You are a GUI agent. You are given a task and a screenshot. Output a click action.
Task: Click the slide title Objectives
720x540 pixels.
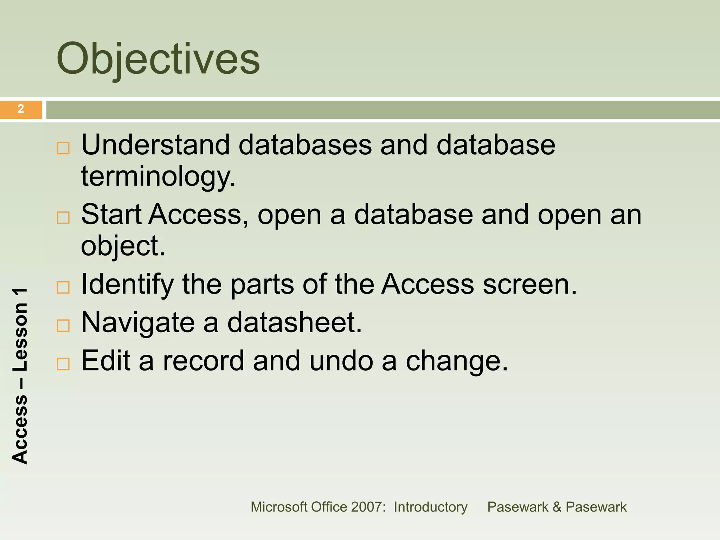158,59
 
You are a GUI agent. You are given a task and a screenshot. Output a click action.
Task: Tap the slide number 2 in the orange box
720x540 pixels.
21,109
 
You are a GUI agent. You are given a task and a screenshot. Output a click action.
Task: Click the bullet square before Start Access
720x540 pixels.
63,218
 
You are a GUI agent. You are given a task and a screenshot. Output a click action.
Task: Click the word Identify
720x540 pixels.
127,284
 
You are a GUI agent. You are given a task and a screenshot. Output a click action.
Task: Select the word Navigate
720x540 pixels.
138,322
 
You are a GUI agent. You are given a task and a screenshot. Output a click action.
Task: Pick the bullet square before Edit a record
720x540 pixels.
63,364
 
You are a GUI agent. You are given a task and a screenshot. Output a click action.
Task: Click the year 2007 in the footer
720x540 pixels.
368,507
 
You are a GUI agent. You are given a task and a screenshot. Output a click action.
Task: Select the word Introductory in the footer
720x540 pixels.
430,507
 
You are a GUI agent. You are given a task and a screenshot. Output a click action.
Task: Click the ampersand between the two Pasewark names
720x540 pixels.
557,507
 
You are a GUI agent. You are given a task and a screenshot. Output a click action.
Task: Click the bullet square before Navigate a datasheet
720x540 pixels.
63,326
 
